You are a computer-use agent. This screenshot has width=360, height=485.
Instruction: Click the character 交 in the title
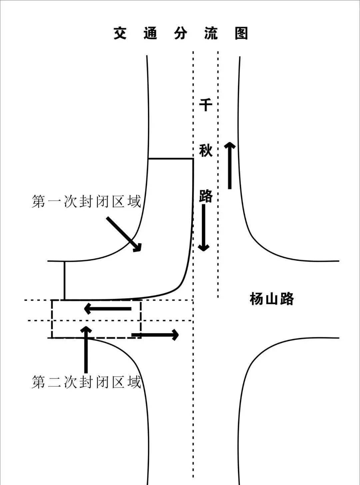(x=120, y=33)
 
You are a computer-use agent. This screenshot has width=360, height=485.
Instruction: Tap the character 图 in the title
(x=241, y=33)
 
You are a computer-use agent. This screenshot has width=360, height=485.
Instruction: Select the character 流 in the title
(x=211, y=33)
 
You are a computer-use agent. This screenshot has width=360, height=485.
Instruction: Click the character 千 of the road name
(x=206, y=105)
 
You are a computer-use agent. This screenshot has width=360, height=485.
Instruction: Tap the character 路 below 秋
(x=206, y=196)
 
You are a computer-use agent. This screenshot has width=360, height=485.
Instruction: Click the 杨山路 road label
(x=272, y=299)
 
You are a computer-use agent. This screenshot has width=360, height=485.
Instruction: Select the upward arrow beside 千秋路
(x=230, y=165)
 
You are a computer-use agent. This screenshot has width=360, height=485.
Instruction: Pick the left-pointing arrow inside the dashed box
(x=108, y=309)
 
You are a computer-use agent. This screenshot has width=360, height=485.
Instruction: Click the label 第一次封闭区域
(x=86, y=202)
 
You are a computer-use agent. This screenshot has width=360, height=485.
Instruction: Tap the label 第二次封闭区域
(x=86, y=382)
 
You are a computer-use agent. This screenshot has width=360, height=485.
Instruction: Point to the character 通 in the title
(x=150, y=33)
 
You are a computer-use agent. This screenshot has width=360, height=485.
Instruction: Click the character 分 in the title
(x=181, y=33)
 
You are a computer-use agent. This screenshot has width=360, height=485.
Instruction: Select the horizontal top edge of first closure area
(x=171, y=159)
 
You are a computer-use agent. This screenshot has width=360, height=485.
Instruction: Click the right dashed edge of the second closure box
(x=141, y=318)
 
